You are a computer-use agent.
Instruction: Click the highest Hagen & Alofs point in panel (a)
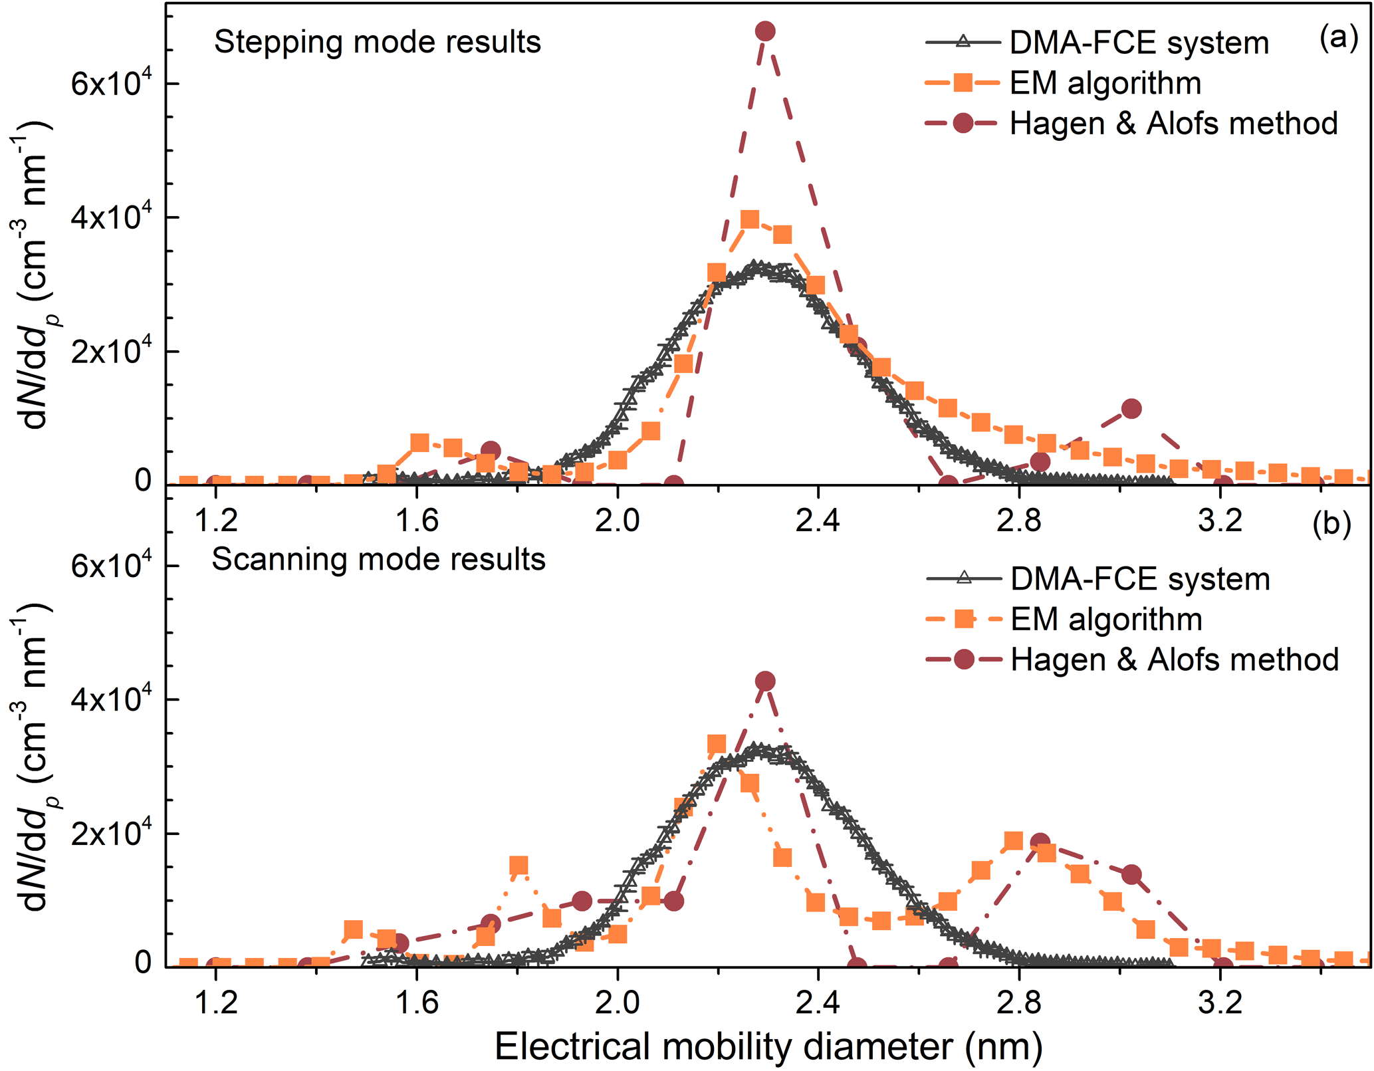[765, 31]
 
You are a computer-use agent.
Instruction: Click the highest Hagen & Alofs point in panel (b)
[765, 681]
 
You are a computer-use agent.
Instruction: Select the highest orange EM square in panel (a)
[750, 219]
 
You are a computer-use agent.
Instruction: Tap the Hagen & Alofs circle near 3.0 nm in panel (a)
[1131, 409]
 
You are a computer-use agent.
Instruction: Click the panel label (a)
[1338, 39]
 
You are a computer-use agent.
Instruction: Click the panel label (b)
[1331, 524]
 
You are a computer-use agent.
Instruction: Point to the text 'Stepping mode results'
[378, 43]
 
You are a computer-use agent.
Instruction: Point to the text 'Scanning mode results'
[378, 560]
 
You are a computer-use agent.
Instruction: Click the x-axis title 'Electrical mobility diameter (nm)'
[768, 1047]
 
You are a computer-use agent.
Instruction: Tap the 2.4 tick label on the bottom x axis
[818, 1002]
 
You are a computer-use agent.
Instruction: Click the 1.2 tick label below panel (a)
[216, 520]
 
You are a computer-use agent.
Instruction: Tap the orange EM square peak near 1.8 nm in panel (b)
[518, 866]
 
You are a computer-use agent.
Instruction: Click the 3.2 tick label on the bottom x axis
[1220, 1002]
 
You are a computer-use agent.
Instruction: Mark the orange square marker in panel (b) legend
[963, 619]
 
